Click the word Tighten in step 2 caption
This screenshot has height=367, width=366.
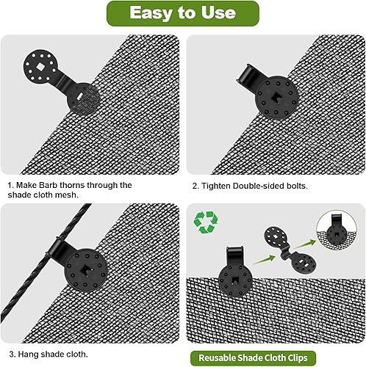pos(220,186)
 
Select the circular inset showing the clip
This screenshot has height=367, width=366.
pos(338,230)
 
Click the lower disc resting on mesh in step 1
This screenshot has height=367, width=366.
pos(89,98)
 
